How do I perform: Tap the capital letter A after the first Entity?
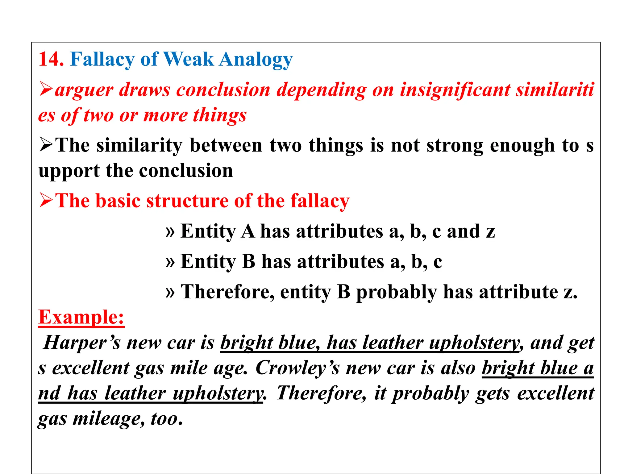pos(248,231)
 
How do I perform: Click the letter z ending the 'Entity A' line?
pos(490,232)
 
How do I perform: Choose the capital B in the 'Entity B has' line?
pos(249,261)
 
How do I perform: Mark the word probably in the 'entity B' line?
pos(397,293)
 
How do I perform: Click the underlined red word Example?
pos(81,317)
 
